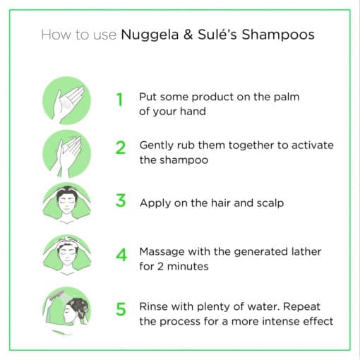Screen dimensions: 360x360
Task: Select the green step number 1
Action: [120, 100]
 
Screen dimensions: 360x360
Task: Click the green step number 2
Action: [121, 148]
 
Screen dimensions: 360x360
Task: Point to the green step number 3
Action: [121, 201]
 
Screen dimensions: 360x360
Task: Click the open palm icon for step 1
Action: [66, 99]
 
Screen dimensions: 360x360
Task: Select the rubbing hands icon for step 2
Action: [66, 150]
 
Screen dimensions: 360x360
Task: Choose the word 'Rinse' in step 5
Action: [154, 306]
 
